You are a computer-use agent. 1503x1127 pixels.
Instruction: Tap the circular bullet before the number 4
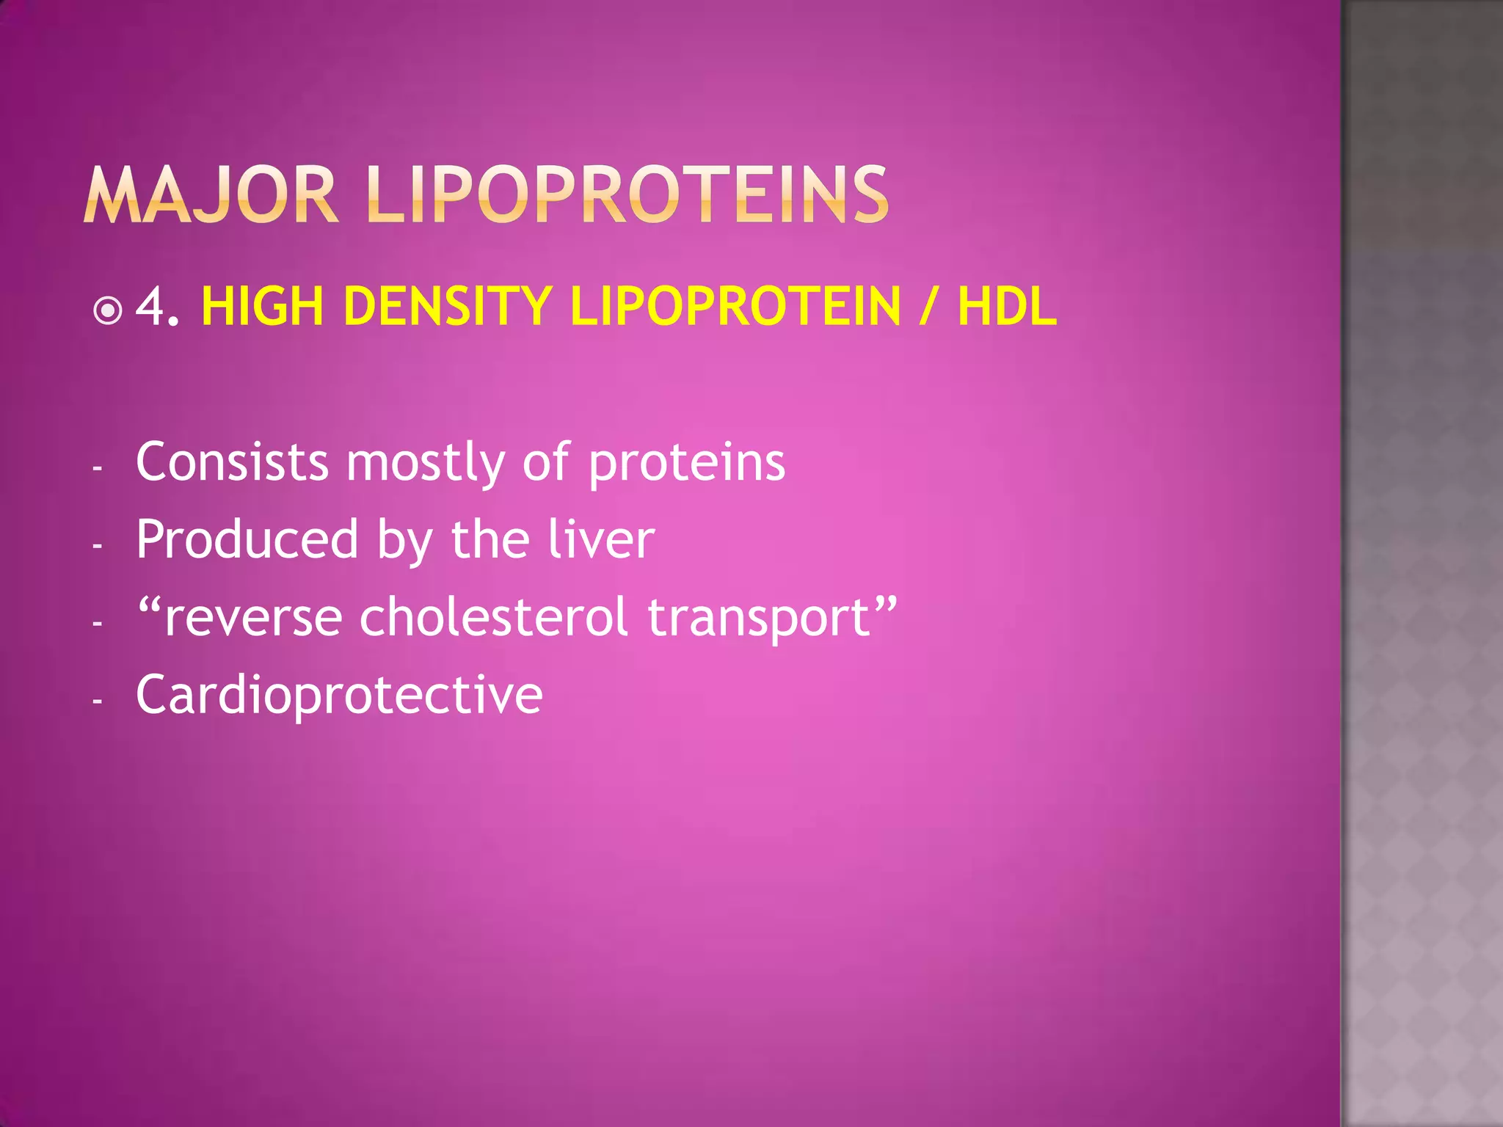(x=108, y=311)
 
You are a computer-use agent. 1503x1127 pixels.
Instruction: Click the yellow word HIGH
(x=262, y=306)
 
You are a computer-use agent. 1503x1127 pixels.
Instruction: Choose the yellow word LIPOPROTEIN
(x=735, y=306)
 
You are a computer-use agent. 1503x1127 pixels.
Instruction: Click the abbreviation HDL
(x=1007, y=306)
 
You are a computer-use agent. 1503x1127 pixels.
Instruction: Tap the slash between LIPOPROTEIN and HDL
(x=928, y=307)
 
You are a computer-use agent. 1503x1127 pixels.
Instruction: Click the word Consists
(x=232, y=462)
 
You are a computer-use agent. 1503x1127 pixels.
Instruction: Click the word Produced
(x=247, y=539)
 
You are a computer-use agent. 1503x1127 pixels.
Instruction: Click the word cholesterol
(x=493, y=616)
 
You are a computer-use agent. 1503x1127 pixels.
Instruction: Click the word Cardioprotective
(x=339, y=696)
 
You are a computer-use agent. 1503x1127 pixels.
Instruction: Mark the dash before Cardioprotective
(x=97, y=701)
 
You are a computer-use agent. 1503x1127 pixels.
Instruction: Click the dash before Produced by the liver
(x=97, y=546)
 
